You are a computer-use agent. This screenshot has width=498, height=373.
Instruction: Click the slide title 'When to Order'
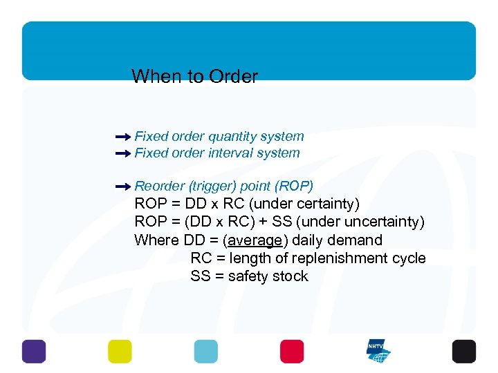(x=194, y=76)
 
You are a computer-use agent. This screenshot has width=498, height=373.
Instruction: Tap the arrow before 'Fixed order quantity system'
(x=123, y=137)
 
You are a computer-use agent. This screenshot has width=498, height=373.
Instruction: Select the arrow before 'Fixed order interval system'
(x=123, y=154)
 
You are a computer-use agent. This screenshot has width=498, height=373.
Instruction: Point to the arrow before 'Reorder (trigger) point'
(x=123, y=186)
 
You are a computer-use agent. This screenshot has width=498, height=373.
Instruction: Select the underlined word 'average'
(x=255, y=240)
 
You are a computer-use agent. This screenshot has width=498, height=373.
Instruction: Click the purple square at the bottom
(x=33, y=351)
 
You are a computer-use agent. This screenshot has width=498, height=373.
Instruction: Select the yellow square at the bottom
(x=120, y=351)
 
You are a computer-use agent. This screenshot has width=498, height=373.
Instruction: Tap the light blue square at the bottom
(x=205, y=351)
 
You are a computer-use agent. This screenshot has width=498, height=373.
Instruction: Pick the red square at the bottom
(x=292, y=351)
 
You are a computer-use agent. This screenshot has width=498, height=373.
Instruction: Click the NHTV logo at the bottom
(x=378, y=351)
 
